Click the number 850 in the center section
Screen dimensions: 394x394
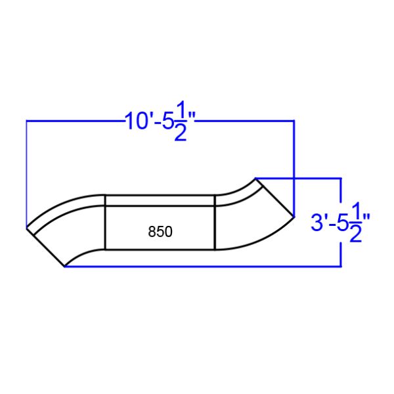[x=160, y=232]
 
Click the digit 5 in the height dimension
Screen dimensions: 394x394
[x=341, y=223]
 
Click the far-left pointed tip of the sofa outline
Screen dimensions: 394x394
[x=26, y=229]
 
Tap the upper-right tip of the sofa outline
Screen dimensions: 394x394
[x=255, y=177]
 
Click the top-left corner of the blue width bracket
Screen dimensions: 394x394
[x=26, y=121]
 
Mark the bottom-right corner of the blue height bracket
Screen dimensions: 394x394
[x=341, y=266]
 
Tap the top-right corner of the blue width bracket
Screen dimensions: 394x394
[x=294, y=121]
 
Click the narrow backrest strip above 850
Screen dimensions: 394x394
[x=160, y=200]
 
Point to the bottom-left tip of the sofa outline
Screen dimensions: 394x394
[x=64, y=267]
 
